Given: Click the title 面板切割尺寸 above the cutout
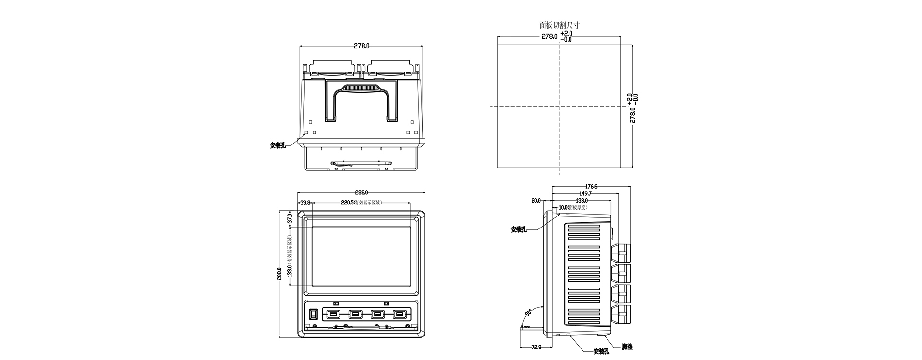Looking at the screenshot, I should pos(559,25).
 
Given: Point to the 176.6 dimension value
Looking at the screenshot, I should pos(591,187).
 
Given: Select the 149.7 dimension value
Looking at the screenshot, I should pos(585,193).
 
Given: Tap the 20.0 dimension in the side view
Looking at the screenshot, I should pos(536,201).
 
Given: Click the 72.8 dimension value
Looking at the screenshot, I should pos(536,347).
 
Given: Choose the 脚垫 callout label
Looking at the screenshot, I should pos(627,347).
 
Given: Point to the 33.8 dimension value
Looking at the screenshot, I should pos(305,203).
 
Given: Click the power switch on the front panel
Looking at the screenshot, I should pos(314,314).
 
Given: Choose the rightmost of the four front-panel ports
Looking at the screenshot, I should pos(399,314).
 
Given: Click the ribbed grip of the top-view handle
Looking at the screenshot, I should pos(361,88).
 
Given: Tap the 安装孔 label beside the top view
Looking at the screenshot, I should pos(278,145).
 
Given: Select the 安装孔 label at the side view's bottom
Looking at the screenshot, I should pos(601,351).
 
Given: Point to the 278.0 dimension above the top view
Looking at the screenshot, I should pos(362,46).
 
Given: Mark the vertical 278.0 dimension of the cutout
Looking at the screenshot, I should pos(633,115).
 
